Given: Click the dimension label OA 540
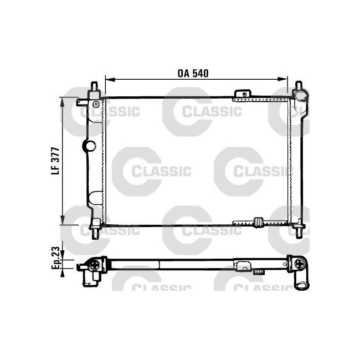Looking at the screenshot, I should (193, 73).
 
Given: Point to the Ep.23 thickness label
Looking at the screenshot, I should (55, 259).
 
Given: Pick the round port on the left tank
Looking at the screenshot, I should (90, 146).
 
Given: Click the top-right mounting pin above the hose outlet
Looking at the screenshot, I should (299, 87).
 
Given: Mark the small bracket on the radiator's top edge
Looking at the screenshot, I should (241, 94).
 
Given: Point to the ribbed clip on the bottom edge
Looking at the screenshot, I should (258, 223).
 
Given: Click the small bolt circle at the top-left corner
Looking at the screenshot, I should (96, 104).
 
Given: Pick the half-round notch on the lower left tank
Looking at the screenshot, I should (95, 198).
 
